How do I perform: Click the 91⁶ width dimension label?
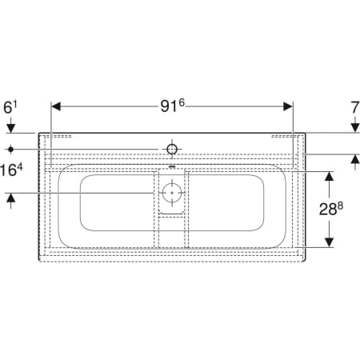pos(173,106)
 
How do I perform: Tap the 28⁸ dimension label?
pos(331,209)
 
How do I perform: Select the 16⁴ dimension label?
pos(11,170)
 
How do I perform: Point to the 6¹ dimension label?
pos(10,107)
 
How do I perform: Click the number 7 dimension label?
pos(355,108)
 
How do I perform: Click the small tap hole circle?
pos(172,150)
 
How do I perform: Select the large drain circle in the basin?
pos(172,193)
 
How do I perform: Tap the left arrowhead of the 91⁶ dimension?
pos(56,106)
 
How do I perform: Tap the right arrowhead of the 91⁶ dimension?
pos(288,106)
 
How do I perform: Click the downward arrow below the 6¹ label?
pos(10,125)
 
